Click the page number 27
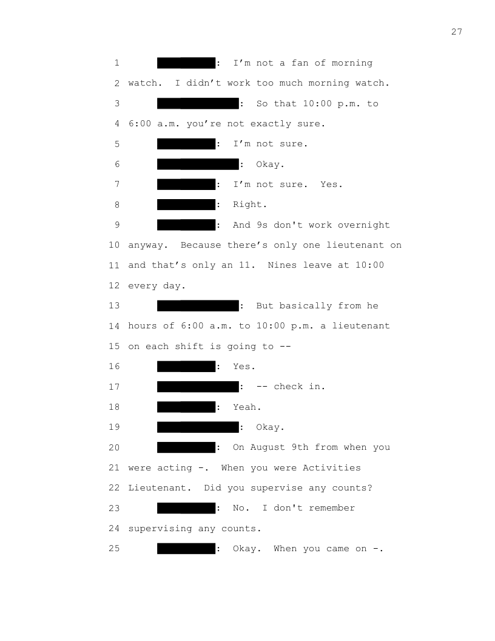[457, 32]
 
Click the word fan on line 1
[300, 63]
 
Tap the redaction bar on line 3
[198, 103]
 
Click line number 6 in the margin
[117, 164]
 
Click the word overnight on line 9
[363, 225]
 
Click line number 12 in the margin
[114, 285]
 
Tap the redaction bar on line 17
[198, 386]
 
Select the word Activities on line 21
[332, 467]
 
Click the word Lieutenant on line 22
[160, 487]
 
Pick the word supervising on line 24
[160, 528]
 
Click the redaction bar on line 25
[186, 548]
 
